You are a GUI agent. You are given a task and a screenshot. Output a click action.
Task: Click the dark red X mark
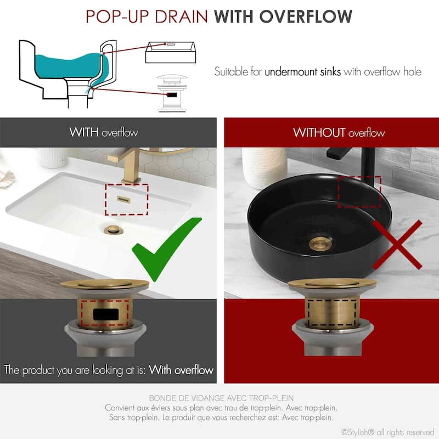[397, 245]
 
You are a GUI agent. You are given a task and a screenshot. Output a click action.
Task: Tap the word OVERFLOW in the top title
[306, 16]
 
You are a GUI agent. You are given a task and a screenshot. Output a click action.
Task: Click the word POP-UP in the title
[118, 16]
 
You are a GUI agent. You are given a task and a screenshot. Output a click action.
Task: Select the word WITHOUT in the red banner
[319, 132]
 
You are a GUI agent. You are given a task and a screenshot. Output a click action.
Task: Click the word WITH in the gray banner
[84, 132]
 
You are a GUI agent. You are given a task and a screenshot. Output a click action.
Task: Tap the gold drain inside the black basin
[321, 243]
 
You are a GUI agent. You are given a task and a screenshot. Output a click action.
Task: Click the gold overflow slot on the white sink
[123, 199]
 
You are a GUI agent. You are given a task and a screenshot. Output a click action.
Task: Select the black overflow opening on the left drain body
[106, 314]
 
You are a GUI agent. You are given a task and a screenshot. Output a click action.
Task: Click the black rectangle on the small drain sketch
[172, 95]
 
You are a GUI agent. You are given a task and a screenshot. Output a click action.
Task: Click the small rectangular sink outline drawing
[171, 52]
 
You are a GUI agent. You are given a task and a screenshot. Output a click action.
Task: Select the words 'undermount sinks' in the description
[303, 72]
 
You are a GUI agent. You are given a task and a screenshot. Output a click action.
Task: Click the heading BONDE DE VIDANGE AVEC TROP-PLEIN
[221, 398]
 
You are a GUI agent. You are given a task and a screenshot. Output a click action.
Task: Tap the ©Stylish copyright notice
[387, 432]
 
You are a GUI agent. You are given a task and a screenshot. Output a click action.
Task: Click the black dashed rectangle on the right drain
[331, 313]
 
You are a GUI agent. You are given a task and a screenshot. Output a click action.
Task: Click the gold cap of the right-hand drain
[332, 284]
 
